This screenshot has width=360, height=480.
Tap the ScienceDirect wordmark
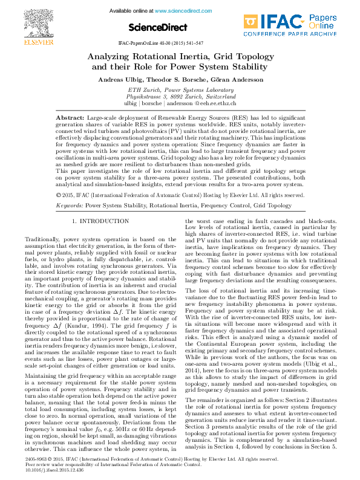click(155, 27)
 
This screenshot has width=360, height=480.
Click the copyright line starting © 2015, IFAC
click(179, 195)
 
